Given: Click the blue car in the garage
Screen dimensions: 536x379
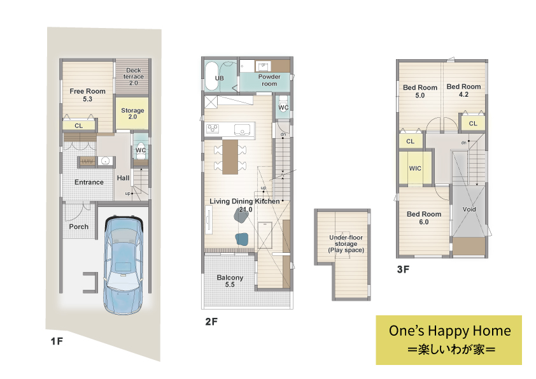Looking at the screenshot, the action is click(123, 265).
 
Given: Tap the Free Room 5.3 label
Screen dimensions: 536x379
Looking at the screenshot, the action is click(87, 95).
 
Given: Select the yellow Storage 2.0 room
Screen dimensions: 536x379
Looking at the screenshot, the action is click(132, 113).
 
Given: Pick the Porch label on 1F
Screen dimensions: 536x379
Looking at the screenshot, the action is click(79, 227).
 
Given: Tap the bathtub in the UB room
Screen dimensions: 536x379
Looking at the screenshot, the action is click(211, 76).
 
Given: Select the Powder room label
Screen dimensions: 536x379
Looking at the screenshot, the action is click(269, 80).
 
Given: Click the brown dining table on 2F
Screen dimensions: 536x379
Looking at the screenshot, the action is click(230, 157).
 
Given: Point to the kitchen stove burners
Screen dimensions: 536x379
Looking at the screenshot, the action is click(212, 129).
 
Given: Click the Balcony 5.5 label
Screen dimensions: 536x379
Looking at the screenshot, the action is click(230, 281).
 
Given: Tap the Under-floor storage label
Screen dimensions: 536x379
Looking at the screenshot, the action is click(346, 243).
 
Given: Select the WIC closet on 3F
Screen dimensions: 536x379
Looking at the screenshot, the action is click(415, 168).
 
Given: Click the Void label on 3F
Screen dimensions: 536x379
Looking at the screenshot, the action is click(469, 209).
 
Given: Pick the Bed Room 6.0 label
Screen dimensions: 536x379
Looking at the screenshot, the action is click(424, 218).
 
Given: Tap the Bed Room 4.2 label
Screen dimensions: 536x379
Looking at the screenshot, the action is click(463, 90).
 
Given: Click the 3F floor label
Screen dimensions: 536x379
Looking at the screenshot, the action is click(403, 269).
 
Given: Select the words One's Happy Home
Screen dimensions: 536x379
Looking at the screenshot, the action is click(449, 331).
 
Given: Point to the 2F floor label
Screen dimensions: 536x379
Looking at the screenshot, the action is click(211, 322).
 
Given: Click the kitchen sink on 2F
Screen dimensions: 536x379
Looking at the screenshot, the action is click(243, 130).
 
